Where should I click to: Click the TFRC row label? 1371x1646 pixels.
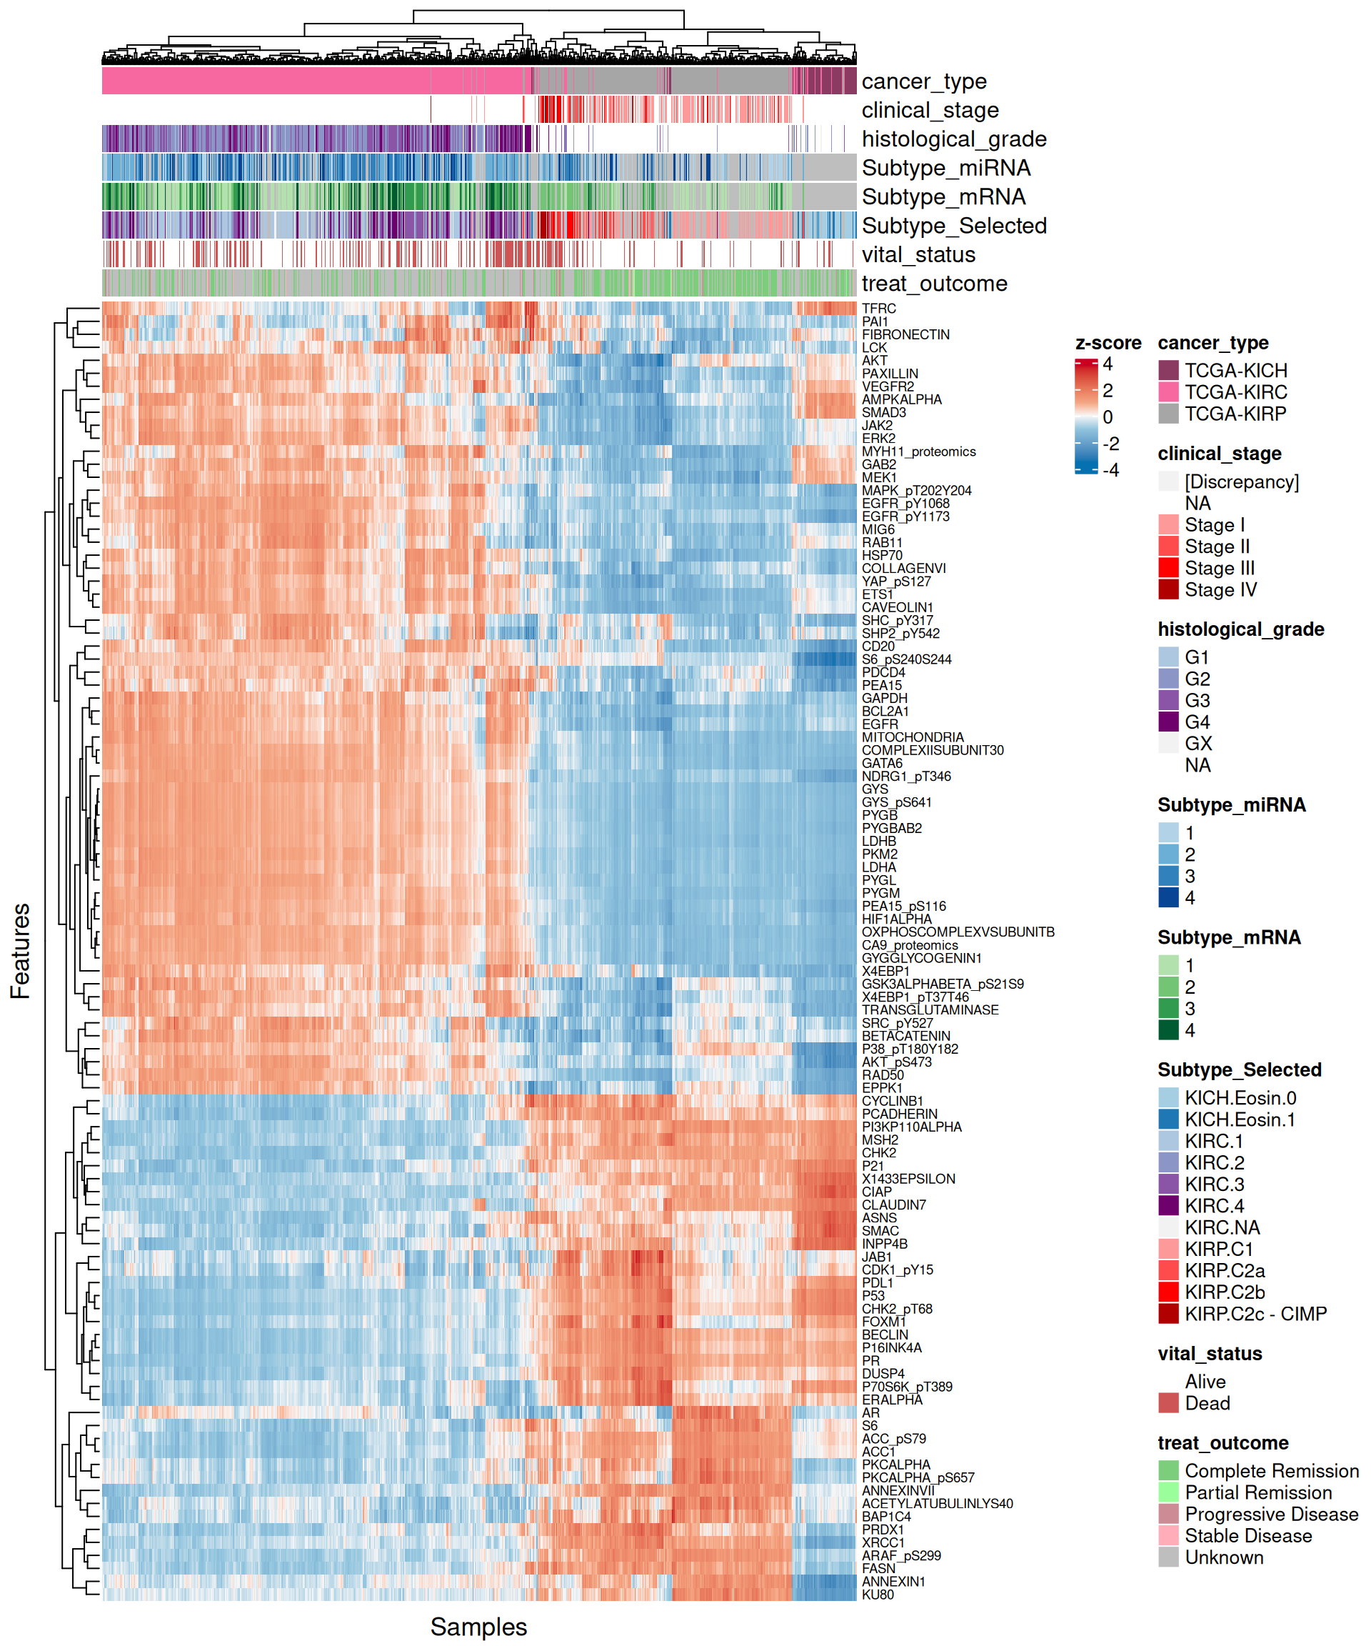pyautogui.click(x=878, y=309)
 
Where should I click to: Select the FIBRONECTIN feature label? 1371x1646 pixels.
pyautogui.click(x=905, y=334)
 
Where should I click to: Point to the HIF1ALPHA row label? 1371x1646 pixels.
pyautogui.click(x=896, y=919)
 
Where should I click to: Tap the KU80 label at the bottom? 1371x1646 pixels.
pyautogui.click(x=878, y=1595)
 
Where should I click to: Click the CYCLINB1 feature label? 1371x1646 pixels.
pyautogui.click(x=892, y=1100)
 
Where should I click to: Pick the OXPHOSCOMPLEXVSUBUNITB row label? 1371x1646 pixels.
pyautogui.click(x=958, y=932)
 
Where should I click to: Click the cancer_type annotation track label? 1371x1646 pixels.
pyautogui.click(x=924, y=81)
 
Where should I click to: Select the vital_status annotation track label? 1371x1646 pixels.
pyautogui.click(x=918, y=255)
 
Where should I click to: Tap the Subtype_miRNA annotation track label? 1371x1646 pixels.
pyautogui.click(x=945, y=168)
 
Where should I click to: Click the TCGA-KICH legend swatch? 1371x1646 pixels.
pyautogui.click(x=1168, y=370)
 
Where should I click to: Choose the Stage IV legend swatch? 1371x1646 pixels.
pyautogui.click(x=1168, y=589)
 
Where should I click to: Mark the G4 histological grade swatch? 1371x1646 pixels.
pyautogui.click(x=1168, y=722)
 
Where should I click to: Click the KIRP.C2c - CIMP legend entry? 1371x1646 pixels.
pyautogui.click(x=1255, y=1314)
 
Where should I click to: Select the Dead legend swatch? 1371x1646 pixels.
pyautogui.click(x=1168, y=1403)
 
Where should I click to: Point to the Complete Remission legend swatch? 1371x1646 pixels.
pyautogui.click(x=1168, y=1470)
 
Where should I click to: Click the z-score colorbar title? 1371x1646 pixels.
pyautogui.click(x=1108, y=344)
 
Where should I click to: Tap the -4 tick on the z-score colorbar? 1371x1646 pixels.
pyautogui.click(x=1111, y=470)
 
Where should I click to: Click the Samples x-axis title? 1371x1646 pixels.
pyautogui.click(x=478, y=1627)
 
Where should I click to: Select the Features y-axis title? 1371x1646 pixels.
pyautogui.click(x=21, y=951)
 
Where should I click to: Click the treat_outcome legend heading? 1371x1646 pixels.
pyautogui.click(x=1222, y=1443)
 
